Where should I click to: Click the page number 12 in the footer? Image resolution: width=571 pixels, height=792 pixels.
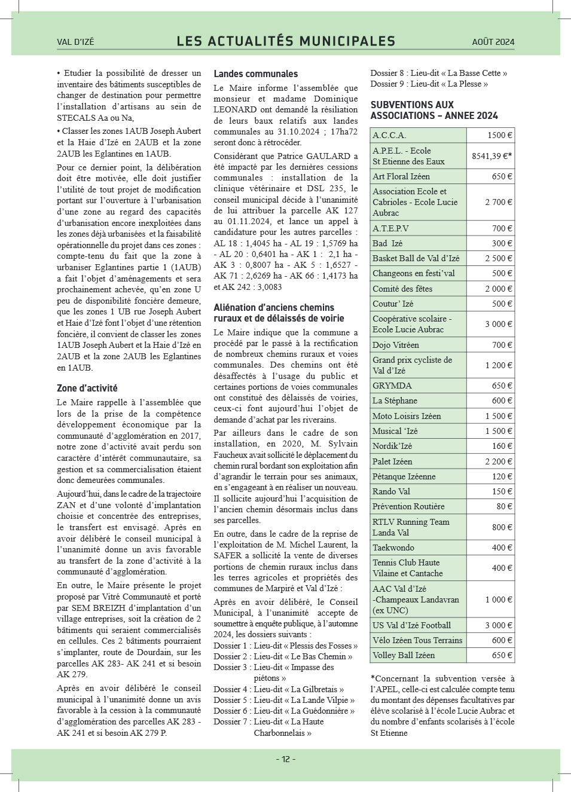pos(285,759)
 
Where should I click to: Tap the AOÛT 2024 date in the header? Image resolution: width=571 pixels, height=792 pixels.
pos(493,42)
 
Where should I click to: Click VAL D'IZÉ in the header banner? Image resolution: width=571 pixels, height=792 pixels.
pos(75,42)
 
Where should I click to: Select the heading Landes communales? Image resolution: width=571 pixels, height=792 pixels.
pos(255,74)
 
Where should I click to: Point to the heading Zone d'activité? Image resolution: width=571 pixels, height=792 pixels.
pos(87,388)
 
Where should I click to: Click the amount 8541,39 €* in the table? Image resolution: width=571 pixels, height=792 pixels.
pos(491,156)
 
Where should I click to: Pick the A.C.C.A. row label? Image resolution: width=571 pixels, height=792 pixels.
pos(389,136)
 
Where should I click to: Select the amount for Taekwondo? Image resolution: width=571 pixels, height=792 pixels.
pos(502,548)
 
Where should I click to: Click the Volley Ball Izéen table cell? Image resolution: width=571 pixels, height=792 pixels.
pos(404,655)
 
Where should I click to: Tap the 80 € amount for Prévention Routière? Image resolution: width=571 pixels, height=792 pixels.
pos(504,506)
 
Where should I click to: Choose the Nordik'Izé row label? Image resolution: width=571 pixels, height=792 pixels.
pos(392,446)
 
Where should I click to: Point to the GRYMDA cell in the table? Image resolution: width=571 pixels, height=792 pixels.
pos(392,386)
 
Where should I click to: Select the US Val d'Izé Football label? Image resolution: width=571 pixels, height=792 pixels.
pos(411,625)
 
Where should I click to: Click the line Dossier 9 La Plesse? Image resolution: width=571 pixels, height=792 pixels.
pos(429,84)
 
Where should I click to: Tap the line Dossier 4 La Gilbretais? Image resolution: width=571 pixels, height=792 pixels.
pos(279,689)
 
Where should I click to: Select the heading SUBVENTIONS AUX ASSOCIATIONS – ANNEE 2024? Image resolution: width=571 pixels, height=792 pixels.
pos(433,110)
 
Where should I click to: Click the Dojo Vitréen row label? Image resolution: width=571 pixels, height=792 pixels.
pos(396,345)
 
